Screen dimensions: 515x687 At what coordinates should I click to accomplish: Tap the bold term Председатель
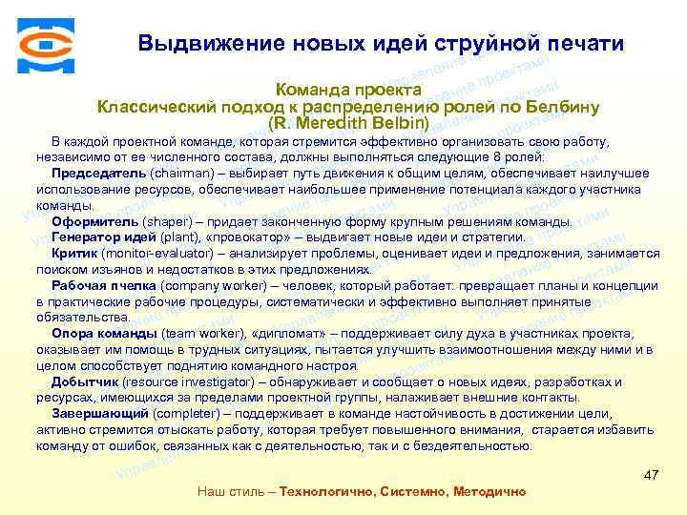(99, 173)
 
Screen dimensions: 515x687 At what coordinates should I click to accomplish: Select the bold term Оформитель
(90, 221)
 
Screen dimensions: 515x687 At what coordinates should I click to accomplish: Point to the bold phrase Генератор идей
(102, 237)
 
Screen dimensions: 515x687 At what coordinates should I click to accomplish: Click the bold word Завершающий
(100, 414)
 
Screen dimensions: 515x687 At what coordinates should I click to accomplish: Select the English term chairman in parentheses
(180, 173)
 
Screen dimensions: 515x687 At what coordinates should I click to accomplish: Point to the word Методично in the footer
(488, 491)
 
